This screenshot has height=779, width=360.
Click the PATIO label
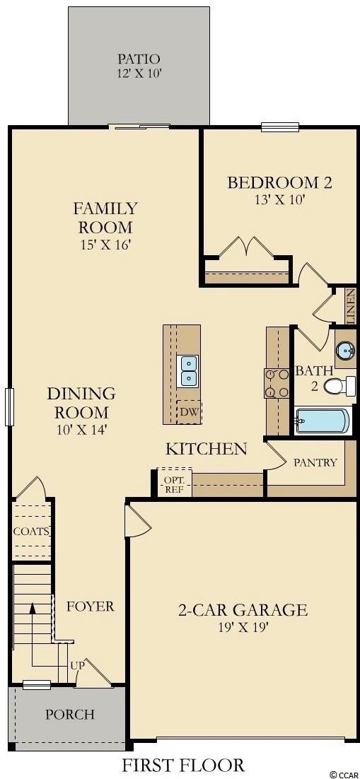point(139,59)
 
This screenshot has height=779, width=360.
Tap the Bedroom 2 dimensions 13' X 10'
point(279,199)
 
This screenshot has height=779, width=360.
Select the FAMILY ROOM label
point(105,218)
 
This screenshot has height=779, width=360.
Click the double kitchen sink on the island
point(188,370)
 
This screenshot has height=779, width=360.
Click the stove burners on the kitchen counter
point(277,383)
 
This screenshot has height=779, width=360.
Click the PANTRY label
point(315,462)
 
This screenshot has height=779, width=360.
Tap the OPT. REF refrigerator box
point(175,482)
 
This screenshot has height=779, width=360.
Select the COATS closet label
point(31,531)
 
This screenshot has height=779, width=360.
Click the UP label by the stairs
point(77,664)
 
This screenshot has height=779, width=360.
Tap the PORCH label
point(70,715)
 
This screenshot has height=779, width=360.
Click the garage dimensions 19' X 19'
point(243,627)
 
